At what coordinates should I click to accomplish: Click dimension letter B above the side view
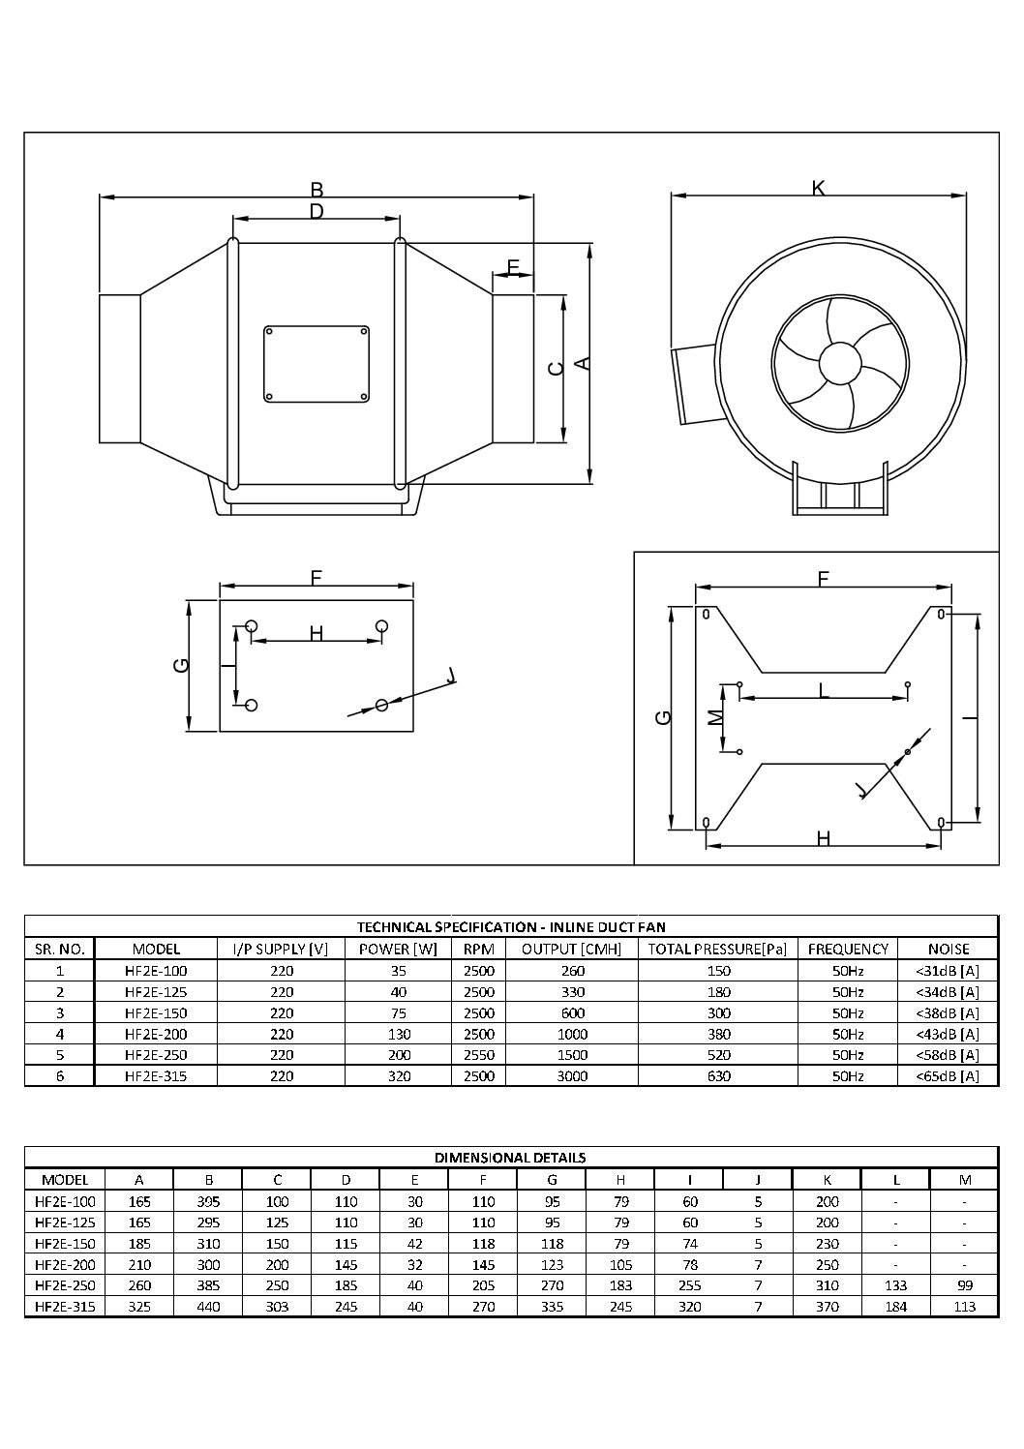point(316,190)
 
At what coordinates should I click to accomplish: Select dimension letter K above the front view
point(818,189)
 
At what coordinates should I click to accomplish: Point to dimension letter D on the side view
point(316,211)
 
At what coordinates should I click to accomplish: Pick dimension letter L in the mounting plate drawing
point(823,690)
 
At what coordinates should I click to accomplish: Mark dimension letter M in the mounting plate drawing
point(714,717)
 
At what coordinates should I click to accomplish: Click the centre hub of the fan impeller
point(839,366)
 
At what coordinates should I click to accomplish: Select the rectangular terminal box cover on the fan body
point(316,364)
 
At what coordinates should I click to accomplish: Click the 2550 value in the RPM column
point(479,1055)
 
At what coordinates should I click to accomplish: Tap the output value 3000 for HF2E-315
point(573,1075)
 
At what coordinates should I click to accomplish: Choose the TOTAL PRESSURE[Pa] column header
point(717,949)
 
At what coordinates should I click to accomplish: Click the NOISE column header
point(948,949)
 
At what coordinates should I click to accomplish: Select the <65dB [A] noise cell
point(948,1075)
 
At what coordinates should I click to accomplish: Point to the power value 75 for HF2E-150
point(399,1012)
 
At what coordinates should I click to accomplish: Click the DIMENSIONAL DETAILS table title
point(510,1157)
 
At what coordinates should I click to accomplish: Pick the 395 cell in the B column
point(208,1201)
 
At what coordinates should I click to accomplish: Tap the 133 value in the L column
point(896,1285)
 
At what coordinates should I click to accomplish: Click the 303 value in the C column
point(277,1307)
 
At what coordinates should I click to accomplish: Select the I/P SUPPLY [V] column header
point(281,949)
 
